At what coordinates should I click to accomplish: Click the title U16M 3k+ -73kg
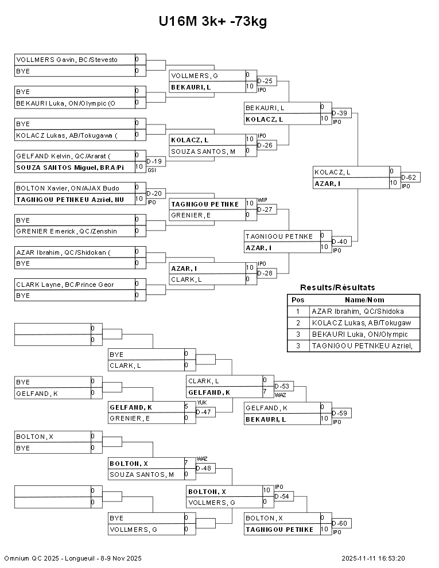(x=213, y=22)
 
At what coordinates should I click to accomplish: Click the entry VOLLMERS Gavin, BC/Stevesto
(x=67, y=60)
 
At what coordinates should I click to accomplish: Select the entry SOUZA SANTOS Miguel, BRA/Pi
(x=70, y=167)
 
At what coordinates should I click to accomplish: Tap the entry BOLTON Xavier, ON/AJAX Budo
(x=68, y=188)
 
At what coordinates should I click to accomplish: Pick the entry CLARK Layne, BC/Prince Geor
(x=65, y=285)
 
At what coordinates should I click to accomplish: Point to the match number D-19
(x=154, y=162)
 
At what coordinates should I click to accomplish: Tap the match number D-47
(x=204, y=412)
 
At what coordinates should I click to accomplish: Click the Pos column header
(x=298, y=299)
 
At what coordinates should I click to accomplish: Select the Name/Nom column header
(x=364, y=299)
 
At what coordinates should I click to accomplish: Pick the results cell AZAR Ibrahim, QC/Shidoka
(x=358, y=312)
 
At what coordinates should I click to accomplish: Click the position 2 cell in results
(x=298, y=323)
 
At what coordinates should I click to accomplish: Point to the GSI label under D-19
(x=151, y=170)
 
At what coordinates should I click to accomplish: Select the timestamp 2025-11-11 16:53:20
(x=373, y=558)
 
